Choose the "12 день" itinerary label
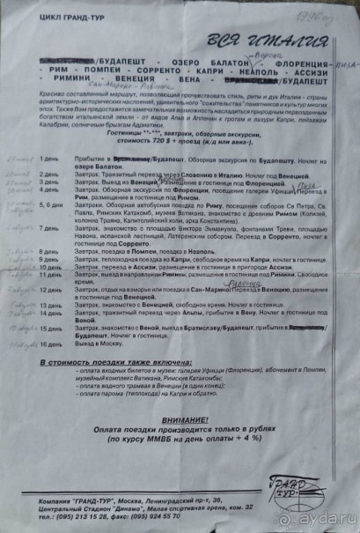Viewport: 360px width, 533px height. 52,291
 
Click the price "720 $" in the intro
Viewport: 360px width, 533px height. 162,140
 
